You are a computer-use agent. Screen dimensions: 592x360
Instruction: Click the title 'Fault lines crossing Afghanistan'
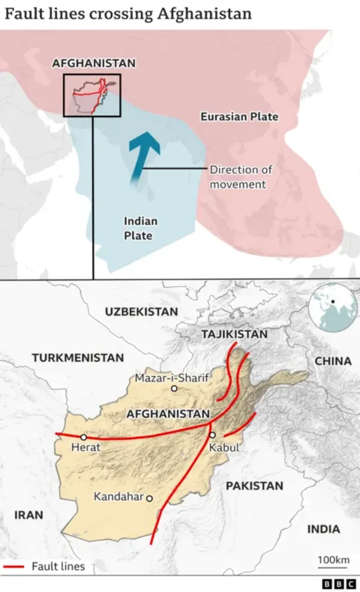pos(128,13)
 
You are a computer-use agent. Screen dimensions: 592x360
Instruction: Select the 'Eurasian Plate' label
pos(240,116)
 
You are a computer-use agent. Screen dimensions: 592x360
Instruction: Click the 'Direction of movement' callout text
pos(237,177)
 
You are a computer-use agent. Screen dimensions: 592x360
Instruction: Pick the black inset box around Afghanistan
pos(92,95)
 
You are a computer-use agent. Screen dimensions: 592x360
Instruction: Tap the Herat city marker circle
pos(84,437)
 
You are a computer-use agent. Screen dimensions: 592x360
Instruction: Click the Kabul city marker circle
pos(213,435)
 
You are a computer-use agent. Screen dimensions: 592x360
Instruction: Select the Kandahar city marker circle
pos(150,498)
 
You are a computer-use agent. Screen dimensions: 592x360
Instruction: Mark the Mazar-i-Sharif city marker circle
pos(174,388)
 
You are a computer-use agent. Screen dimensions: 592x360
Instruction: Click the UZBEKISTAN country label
pos(141,311)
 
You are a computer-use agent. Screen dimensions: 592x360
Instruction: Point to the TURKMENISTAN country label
pos(78,358)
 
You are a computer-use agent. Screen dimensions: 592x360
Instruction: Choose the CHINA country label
pos(333,361)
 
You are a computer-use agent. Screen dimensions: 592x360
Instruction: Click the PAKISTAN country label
pos(255,486)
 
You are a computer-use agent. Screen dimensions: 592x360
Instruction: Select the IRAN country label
pos(29,514)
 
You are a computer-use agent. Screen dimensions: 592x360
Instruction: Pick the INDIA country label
pos(323,529)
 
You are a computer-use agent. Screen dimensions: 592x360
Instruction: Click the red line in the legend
pos(13,566)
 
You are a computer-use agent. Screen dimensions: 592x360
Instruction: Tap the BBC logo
pos(336,584)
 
